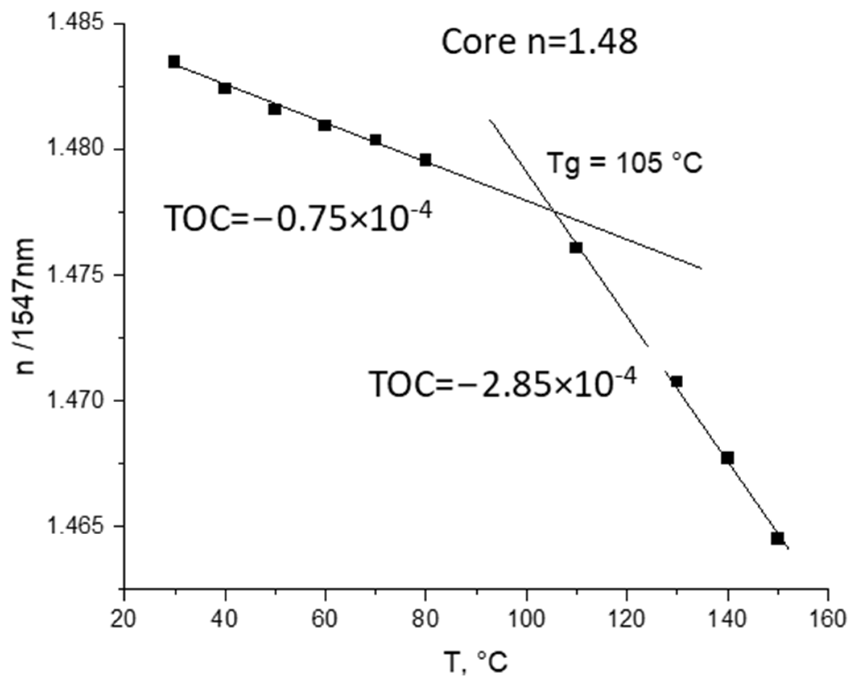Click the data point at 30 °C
(174, 62)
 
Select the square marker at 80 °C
(426, 160)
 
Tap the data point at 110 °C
(576, 247)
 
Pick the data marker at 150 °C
(777, 538)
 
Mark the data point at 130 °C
(677, 381)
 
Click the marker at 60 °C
(325, 125)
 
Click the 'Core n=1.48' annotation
(540, 42)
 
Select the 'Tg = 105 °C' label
(624, 163)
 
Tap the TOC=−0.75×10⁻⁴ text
(298, 217)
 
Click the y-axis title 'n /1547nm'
(25, 306)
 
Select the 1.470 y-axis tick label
(74, 401)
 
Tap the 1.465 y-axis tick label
(74, 526)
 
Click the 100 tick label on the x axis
(527, 619)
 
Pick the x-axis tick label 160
(828, 619)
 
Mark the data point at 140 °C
(727, 458)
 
